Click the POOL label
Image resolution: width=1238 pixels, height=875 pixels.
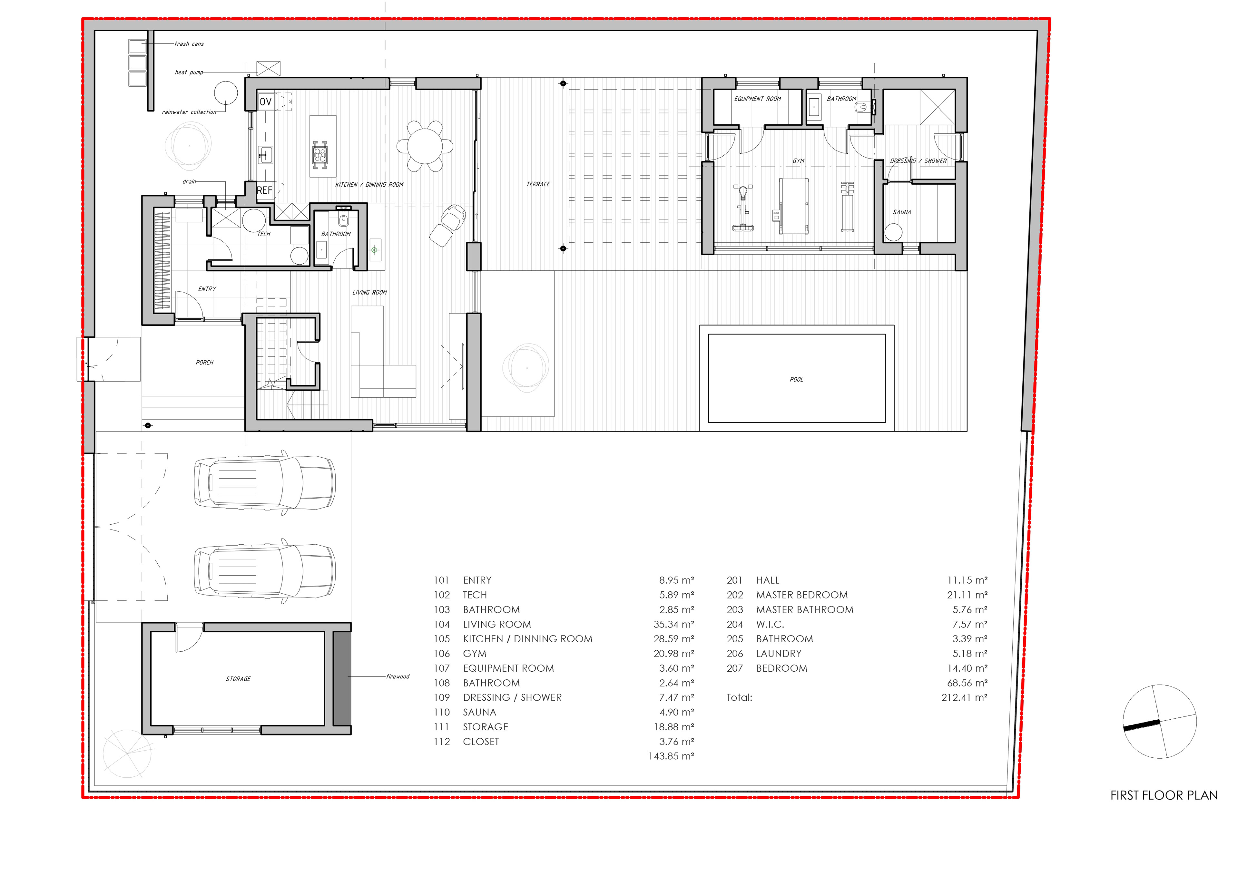click(796, 380)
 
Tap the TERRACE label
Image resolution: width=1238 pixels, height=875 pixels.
click(538, 184)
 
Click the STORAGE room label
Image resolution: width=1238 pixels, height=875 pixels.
click(238, 679)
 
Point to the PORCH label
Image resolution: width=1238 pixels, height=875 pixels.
click(204, 363)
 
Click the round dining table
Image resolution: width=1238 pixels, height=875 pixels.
click(425, 146)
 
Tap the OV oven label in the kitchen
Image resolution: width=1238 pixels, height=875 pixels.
click(265, 101)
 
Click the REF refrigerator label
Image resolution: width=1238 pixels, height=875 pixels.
click(264, 190)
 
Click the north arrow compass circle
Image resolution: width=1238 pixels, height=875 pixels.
click(1160, 721)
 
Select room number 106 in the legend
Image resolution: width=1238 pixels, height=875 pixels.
click(442, 653)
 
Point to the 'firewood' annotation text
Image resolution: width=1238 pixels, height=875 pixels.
click(398, 676)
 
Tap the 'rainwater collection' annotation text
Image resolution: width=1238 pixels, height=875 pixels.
click(189, 112)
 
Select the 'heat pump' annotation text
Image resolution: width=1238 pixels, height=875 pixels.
click(189, 72)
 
